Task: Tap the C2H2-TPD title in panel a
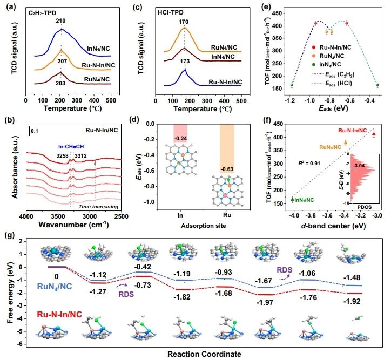coord(45,12)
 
